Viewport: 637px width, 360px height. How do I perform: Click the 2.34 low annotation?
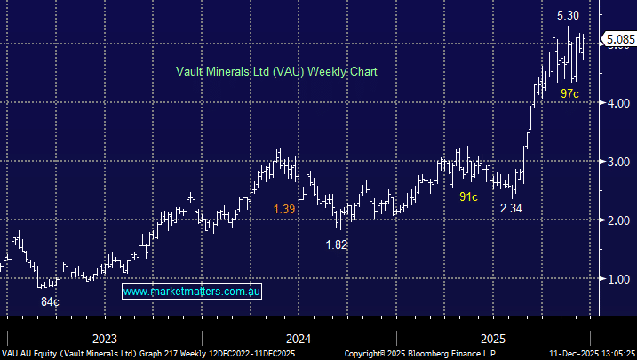tap(511, 208)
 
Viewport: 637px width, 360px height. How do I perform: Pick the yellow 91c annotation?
tap(468, 196)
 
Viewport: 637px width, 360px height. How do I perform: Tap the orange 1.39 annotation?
tap(284, 208)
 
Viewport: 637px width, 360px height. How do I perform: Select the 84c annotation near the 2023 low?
tap(50, 302)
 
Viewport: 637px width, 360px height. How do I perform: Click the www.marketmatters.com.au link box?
tap(192, 292)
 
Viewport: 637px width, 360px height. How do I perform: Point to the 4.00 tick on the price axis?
tap(617, 104)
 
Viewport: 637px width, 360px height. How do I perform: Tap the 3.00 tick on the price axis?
tap(617, 162)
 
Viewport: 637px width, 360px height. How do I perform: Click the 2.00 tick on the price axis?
tap(617, 220)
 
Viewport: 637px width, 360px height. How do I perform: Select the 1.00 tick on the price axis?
tap(617, 279)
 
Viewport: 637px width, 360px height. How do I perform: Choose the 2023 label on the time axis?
tap(105, 338)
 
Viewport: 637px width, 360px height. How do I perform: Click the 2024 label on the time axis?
tap(299, 338)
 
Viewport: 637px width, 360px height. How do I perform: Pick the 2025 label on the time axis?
tap(493, 338)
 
